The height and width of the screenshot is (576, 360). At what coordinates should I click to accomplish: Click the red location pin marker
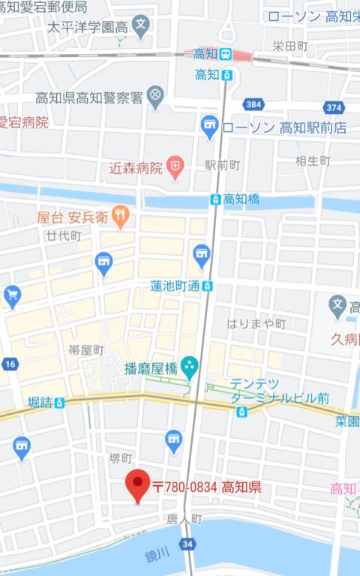[138, 486]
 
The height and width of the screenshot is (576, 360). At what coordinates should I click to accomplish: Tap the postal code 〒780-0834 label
[206, 487]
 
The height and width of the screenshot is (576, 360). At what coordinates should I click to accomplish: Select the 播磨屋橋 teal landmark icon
[188, 367]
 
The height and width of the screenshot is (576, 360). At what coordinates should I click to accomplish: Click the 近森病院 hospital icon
[175, 168]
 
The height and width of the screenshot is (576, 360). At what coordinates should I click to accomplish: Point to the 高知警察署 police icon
[155, 97]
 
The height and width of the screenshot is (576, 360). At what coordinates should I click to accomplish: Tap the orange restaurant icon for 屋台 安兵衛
[120, 217]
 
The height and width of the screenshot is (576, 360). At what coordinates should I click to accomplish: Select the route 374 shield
[334, 107]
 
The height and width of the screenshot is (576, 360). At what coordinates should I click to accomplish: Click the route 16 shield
[9, 364]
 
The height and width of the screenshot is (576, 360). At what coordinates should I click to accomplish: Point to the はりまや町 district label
[257, 324]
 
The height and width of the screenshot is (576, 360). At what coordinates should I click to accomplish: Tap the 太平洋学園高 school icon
[141, 26]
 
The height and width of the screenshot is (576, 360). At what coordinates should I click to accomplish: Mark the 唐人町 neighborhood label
[184, 518]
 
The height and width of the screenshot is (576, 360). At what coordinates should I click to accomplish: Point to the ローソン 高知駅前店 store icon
[210, 127]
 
